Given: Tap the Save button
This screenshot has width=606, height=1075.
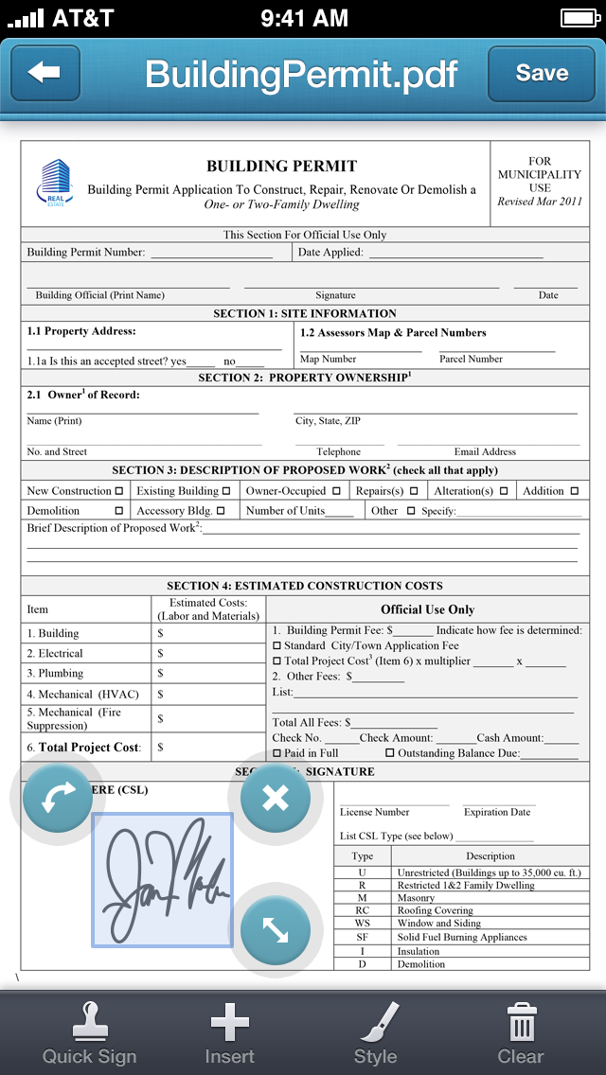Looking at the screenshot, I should tap(542, 73).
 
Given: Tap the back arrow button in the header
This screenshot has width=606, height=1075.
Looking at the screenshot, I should tap(45, 73).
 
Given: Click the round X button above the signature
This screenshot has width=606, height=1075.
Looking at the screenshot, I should tap(275, 798).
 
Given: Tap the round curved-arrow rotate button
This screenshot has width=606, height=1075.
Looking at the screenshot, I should tap(57, 798).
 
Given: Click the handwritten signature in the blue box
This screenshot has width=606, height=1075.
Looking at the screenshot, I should tap(162, 879).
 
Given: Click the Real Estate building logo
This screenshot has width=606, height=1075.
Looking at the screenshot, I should tap(56, 182).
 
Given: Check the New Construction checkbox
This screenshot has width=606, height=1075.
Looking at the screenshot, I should tap(119, 491).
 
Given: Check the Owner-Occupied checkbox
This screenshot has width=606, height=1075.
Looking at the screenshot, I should tap(335, 491).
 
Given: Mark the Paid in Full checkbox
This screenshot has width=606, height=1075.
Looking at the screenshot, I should tap(276, 753).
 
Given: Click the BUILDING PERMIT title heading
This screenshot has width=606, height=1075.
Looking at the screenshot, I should tap(281, 167).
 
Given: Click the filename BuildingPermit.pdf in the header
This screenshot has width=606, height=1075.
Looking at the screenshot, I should tap(301, 74).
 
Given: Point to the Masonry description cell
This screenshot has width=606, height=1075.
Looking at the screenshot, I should tap(417, 898).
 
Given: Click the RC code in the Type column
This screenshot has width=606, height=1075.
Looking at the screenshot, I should tap(362, 910).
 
